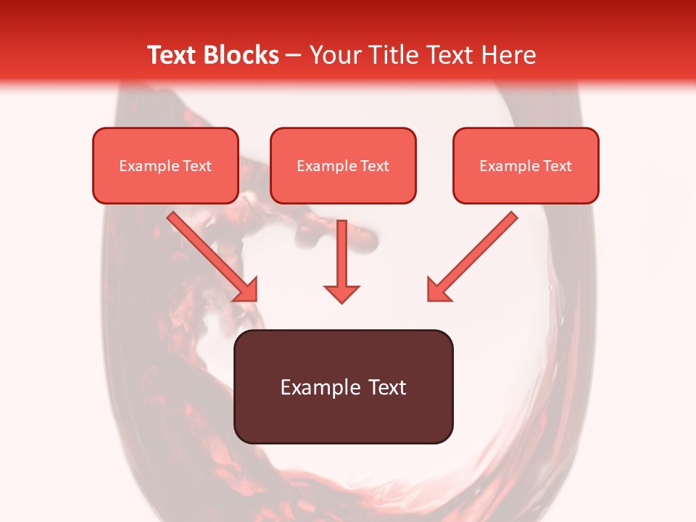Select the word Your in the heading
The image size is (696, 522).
[x=333, y=55]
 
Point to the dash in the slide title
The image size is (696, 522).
[x=293, y=56]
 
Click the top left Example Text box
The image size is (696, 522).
[x=165, y=165]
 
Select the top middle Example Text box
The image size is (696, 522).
[x=343, y=165]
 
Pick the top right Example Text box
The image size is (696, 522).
[x=526, y=165]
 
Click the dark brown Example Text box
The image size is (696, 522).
[x=343, y=386]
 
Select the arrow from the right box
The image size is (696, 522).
[x=475, y=254]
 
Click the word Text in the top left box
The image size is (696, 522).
[x=196, y=166]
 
